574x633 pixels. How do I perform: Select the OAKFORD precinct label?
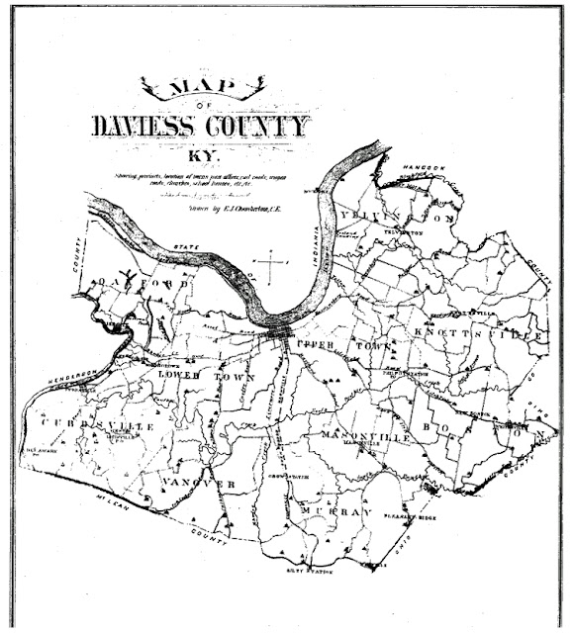140,286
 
